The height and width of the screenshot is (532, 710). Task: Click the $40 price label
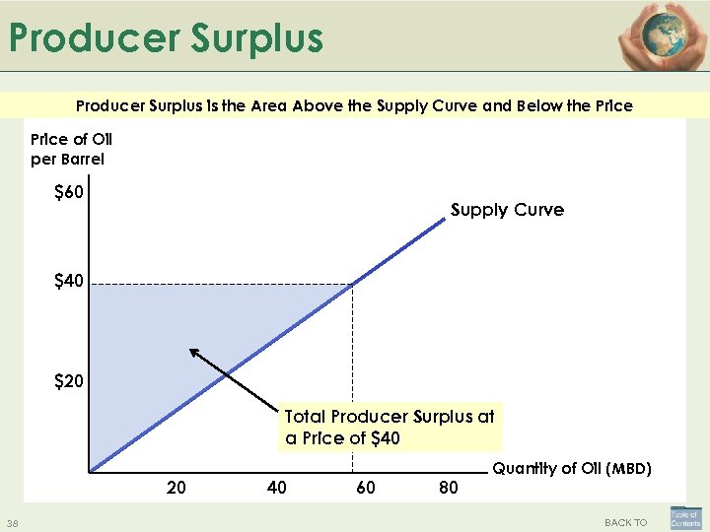click(68, 283)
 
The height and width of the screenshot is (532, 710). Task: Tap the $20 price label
click(68, 380)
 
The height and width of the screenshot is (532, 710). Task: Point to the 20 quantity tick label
click(177, 487)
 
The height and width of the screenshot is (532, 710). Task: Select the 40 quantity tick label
click(277, 487)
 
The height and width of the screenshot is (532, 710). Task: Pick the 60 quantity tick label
click(365, 487)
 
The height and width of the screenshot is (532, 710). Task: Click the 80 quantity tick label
click(448, 487)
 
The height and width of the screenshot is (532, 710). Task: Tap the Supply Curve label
click(507, 210)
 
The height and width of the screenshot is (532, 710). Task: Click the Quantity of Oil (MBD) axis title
click(572, 469)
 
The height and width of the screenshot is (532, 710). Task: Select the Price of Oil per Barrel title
click(72, 149)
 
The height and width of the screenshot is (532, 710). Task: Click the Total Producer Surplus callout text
click(390, 428)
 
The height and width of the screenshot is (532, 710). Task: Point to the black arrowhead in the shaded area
click(193, 352)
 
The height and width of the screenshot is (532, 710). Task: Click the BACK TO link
click(625, 522)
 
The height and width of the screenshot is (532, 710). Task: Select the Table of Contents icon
click(685, 518)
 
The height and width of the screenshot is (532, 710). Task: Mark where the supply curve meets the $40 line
click(351, 285)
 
